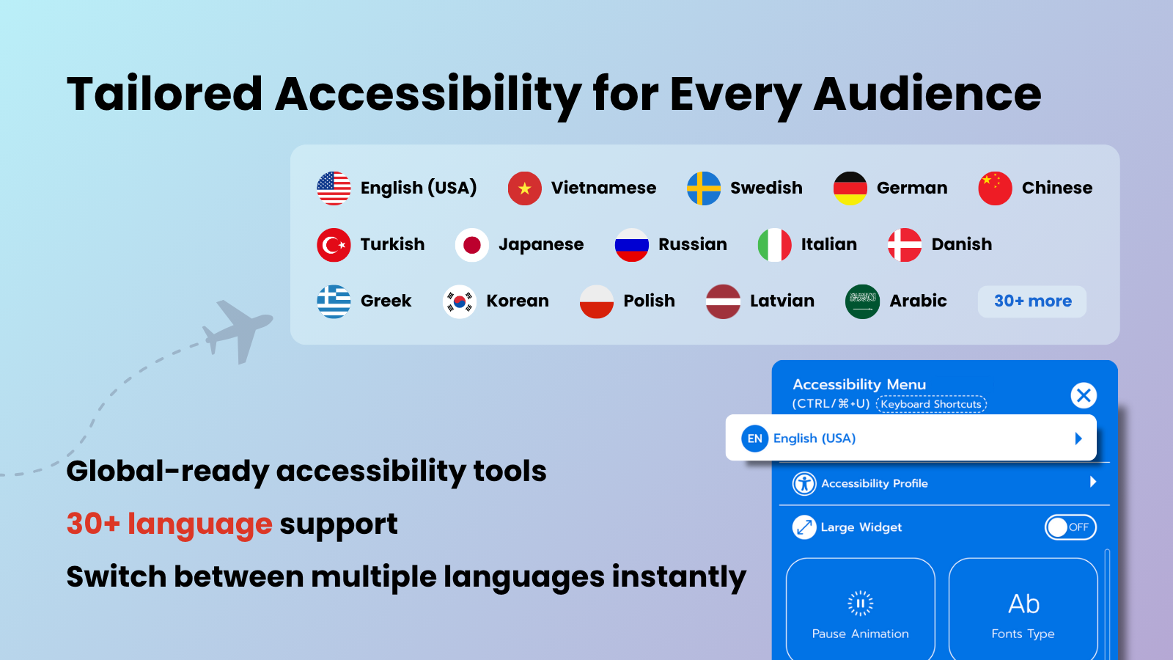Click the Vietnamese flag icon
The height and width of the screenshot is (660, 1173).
click(524, 188)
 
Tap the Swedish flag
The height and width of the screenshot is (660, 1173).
click(703, 188)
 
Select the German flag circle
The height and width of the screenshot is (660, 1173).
click(850, 188)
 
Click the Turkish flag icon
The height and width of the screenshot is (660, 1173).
click(334, 245)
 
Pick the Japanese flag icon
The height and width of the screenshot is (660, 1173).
click(472, 245)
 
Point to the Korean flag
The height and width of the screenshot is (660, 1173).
click(459, 301)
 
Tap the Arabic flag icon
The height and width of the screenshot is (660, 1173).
click(862, 301)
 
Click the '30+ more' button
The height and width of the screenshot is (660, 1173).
click(1032, 301)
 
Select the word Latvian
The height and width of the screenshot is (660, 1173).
click(782, 301)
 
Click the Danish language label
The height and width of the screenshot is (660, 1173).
click(961, 244)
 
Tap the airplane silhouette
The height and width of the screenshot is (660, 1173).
click(238, 331)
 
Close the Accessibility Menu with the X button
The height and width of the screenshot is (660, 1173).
click(1084, 395)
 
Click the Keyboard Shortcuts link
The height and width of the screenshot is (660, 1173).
click(931, 404)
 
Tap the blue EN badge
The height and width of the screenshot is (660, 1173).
click(754, 439)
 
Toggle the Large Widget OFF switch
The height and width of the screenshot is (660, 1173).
click(1070, 527)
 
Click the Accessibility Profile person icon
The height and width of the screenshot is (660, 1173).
click(804, 483)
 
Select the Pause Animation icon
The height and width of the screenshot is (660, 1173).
click(861, 604)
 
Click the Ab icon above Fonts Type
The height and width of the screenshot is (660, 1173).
click(1023, 604)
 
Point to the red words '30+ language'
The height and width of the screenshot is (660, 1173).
click(169, 524)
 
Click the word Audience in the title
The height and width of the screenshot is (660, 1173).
click(927, 95)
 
